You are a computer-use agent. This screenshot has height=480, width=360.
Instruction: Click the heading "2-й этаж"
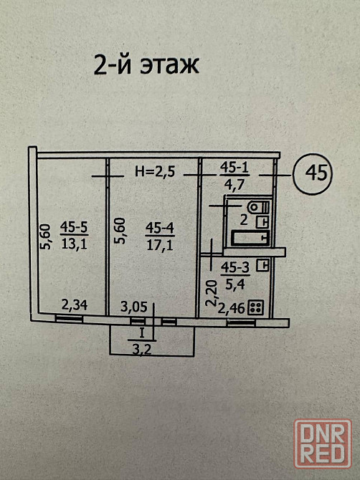pyautogui.click(x=146, y=65)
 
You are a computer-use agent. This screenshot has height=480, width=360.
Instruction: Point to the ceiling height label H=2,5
pyautogui.click(x=155, y=172)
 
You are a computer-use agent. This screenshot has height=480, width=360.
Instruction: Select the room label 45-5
pyautogui.click(x=74, y=227)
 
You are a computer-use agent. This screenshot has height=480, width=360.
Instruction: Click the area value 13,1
pyautogui.click(x=74, y=244)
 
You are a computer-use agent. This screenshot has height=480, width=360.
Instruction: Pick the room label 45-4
pyautogui.click(x=160, y=228)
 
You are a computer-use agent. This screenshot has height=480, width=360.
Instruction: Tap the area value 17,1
pyautogui.click(x=160, y=244)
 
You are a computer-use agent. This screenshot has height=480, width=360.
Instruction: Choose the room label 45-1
pyautogui.click(x=234, y=168)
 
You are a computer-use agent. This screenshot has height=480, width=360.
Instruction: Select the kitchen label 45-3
pyautogui.click(x=235, y=268)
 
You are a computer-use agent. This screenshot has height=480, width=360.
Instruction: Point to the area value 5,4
pyautogui.click(x=235, y=285)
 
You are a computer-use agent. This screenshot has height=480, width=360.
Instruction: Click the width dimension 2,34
pyautogui.click(x=75, y=305)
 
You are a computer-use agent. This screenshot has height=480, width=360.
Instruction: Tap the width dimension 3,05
pyautogui.click(x=134, y=307)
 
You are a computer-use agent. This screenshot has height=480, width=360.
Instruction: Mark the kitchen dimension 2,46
pyautogui.click(x=232, y=308)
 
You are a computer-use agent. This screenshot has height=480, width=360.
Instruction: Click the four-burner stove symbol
pyautogui.click(x=256, y=307)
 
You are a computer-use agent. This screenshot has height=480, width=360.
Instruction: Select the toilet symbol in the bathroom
pyautogui.click(x=260, y=206)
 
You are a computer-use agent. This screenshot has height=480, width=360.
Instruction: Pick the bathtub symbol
pyautogui.click(x=250, y=238)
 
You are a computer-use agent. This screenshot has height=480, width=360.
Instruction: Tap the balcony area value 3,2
pyautogui.click(x=142, y=349)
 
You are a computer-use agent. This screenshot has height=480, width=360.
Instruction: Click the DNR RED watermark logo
pyautogui.click(x=323, y=443)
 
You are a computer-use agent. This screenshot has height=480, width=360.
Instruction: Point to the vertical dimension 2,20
pyautogui.click(x=212, y=294)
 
